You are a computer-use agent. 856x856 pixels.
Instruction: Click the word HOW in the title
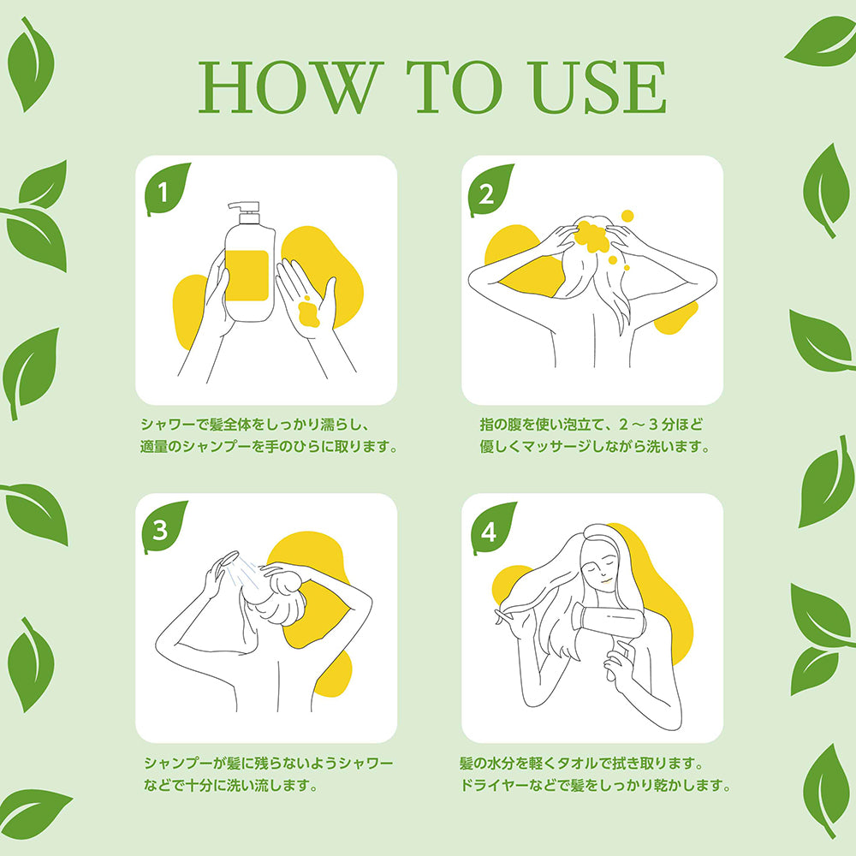pos(290,87)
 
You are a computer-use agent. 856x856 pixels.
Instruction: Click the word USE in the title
pos(598,87)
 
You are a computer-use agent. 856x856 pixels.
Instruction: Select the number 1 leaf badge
pos(166,188)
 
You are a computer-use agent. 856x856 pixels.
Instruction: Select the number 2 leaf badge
pos(490,189)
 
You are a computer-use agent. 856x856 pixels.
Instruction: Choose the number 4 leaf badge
pos(492,528)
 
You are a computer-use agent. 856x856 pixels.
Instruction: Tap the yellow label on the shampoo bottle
pos(247,276)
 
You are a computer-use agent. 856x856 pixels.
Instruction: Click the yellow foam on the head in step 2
pos(592,236)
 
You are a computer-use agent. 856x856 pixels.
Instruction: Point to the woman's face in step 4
pos(601,570)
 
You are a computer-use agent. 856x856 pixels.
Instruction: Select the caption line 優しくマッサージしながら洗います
pos(596,447)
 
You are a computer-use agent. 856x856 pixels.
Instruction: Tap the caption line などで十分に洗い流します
pos(231,785)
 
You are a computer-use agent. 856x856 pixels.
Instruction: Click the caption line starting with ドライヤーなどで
pos(596,785)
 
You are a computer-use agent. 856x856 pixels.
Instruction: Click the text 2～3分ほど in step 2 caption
pos(661,425)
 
